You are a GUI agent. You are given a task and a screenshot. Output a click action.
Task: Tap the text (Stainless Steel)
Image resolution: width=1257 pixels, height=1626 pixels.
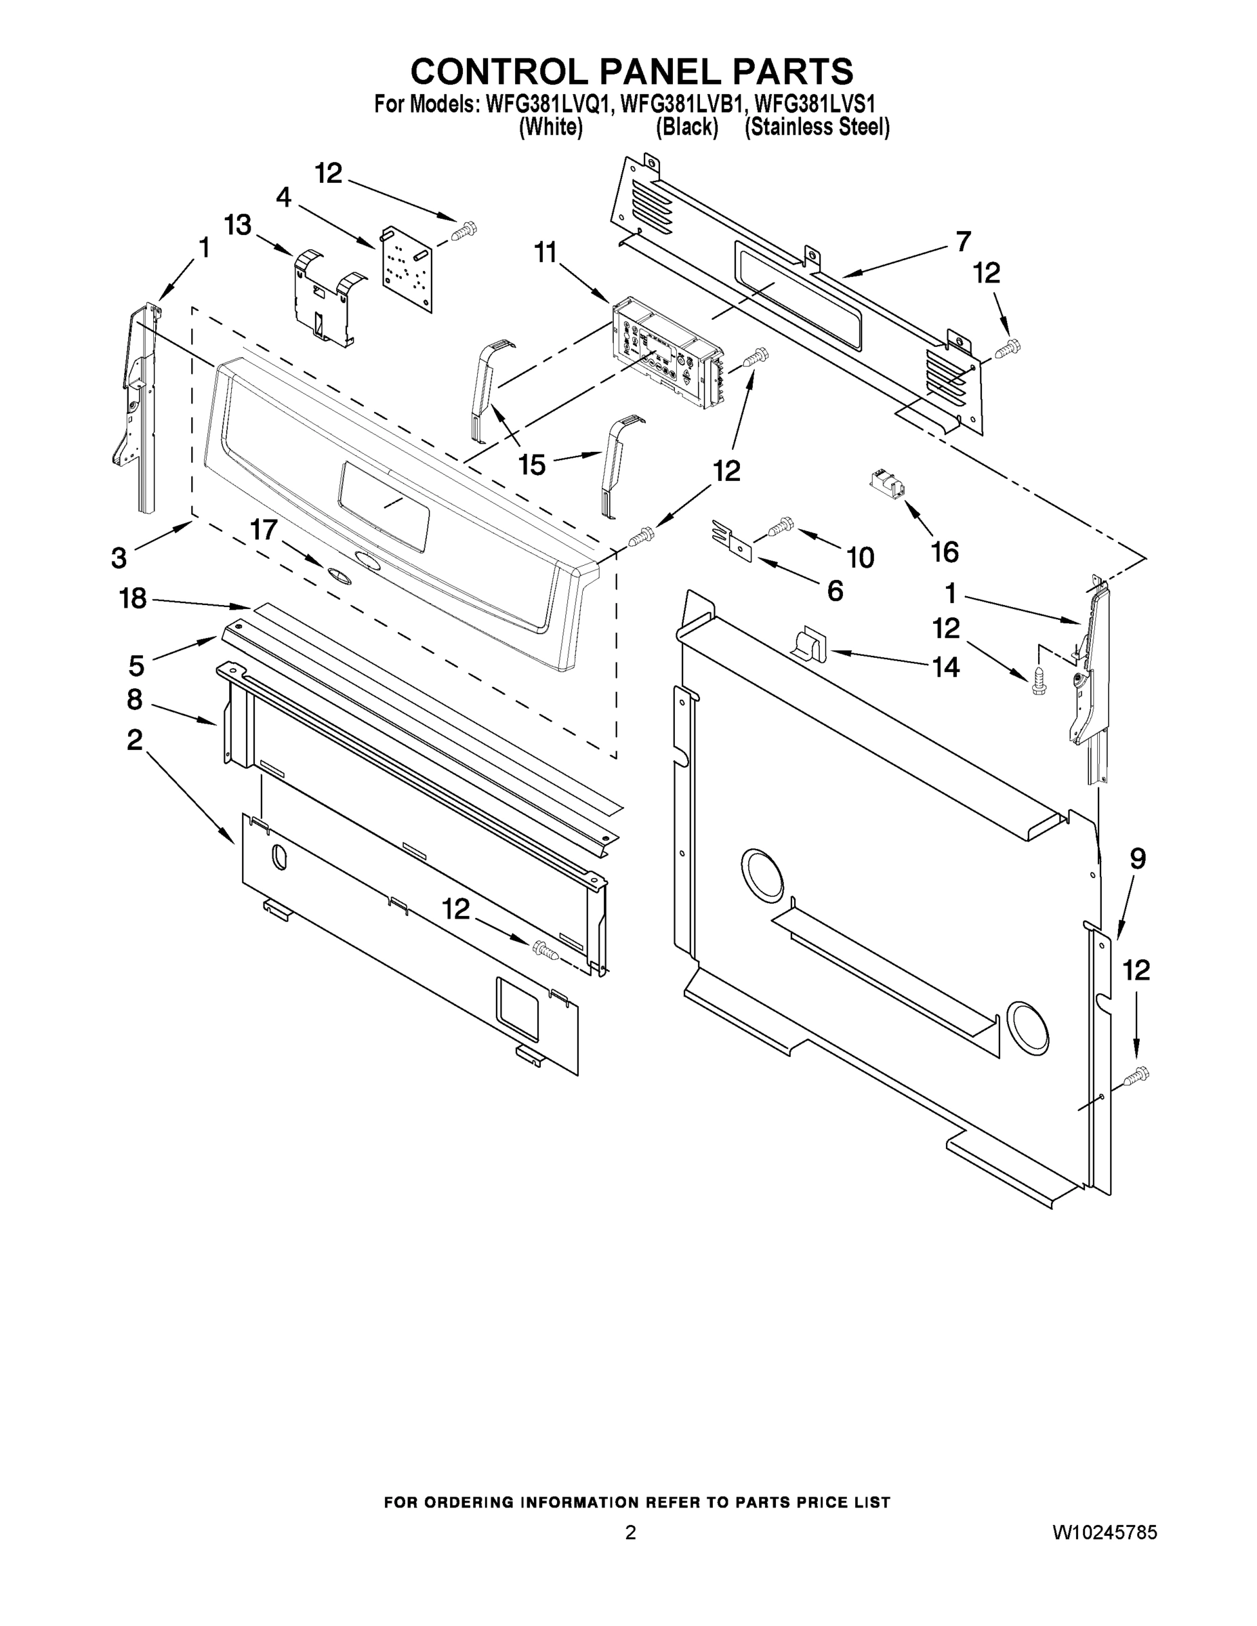(x=817, y=127)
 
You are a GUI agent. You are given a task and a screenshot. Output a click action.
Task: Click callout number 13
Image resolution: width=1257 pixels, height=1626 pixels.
(x=238, y=225)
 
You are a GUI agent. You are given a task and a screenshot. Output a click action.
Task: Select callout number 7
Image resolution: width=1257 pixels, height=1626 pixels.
(x=963, y=241)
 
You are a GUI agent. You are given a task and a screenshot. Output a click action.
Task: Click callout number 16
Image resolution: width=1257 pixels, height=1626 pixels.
(x=944, y=551)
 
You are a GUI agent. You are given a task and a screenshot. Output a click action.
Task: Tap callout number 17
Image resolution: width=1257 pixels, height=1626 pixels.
(x=263, y=530)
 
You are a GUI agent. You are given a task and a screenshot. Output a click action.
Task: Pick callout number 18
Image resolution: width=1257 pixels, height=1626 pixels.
(x=133, y=598)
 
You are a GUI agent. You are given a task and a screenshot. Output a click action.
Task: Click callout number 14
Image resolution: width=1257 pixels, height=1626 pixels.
(x=945, y=667)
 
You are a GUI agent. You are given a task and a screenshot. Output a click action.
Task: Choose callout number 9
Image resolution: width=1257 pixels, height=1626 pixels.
(x=1137, y=859)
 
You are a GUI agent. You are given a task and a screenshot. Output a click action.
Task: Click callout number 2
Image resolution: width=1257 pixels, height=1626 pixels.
(x=134, y=740)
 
